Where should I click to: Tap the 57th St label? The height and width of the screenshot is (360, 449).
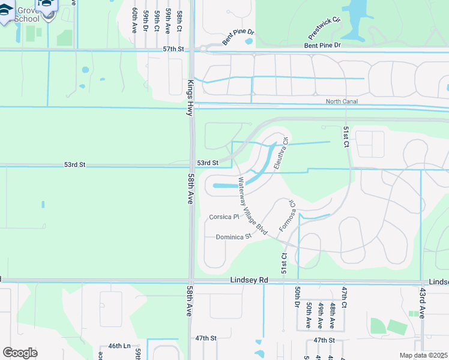[x=173, y=49]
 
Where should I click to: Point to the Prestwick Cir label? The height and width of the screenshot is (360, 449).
[x=328, y=28]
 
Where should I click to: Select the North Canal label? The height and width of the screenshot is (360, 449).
[x=342, y=101]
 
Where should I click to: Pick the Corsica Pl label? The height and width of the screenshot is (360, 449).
[x=224, y=217]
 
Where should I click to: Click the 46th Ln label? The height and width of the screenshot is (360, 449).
[x=119, y=346]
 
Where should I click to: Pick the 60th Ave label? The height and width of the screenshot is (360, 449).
[x=134, y=20]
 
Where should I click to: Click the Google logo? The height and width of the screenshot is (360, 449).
[x=20, y=352]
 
